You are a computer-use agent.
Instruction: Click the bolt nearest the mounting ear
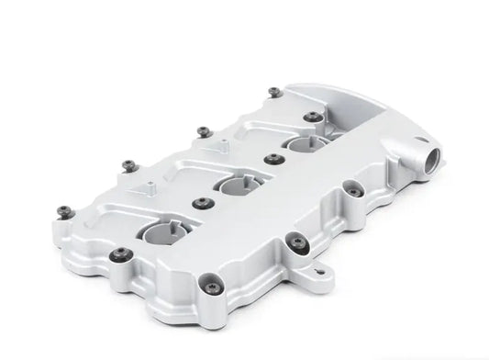tap(296, 242)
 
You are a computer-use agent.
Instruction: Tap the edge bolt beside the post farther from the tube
tap(128, 165)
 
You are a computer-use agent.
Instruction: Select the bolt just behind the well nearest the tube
tap(315, 117)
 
